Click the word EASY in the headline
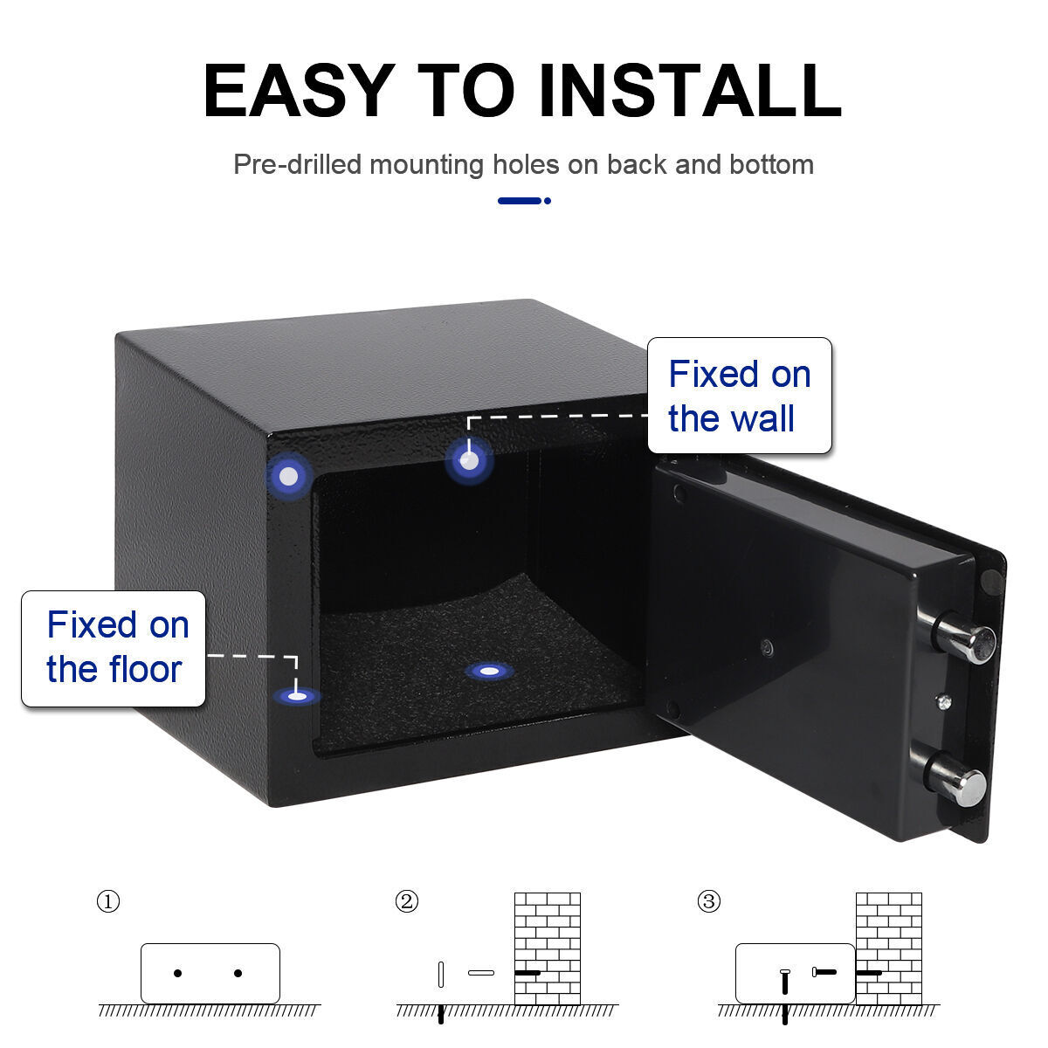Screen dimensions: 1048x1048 point(297,90)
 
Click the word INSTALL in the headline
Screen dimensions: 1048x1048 point(690,90)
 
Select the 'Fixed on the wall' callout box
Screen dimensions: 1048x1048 point(739,396)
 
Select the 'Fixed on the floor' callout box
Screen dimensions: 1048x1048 point(114,648)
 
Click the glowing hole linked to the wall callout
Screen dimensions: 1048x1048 point(469,460)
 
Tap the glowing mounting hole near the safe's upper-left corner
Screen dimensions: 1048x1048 point(289,477)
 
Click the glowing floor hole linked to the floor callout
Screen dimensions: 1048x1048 point(297,696)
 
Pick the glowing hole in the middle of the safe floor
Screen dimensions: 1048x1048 point(489,671)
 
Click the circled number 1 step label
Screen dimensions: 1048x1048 point(107,901)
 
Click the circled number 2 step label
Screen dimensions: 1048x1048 point(406,901)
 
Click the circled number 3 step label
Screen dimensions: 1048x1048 point(709,901)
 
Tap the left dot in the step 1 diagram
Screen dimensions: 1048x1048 point(178,973)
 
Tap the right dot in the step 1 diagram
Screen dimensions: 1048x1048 point(238,973)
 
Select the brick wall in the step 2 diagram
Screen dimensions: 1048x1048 point(548,948)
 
